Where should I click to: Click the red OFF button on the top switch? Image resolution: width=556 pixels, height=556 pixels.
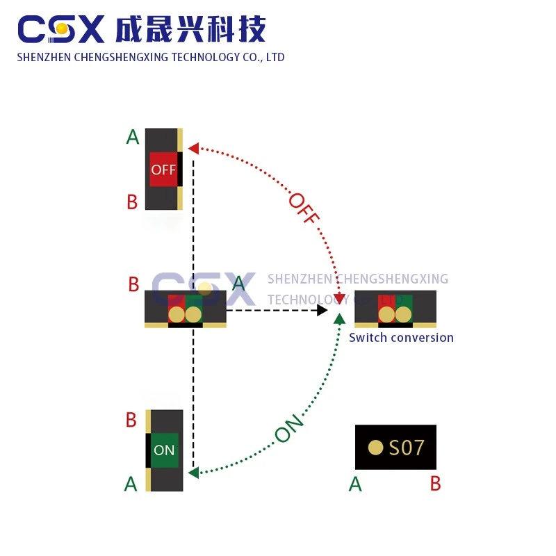(163, 170)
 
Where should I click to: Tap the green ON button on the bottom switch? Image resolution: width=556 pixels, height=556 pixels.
(164, 450)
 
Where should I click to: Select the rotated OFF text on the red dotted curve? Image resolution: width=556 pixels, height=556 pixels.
(304, 208)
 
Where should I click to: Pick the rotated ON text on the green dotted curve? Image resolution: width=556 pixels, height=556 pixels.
(289, 428)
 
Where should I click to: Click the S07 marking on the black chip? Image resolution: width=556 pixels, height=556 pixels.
(407, 448)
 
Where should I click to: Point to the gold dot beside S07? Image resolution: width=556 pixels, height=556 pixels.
(375, 448)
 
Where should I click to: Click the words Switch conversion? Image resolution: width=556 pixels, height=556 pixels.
(401, 338)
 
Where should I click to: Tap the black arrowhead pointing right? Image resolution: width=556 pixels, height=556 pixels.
(322, 310)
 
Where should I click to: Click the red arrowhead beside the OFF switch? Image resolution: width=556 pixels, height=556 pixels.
(194, 149)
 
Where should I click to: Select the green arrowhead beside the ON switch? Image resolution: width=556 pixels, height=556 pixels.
(194, 473)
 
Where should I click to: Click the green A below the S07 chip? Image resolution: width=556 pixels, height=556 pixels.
(355, 484)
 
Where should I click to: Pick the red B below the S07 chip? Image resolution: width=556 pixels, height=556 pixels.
(436, 484)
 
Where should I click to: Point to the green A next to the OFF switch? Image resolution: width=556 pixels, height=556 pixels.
(133, 137)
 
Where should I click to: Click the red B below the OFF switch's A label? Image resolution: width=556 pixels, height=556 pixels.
(132, 202)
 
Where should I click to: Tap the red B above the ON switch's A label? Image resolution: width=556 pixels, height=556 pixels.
(131, 420)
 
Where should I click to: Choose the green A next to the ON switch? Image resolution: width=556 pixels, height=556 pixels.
(131, 484)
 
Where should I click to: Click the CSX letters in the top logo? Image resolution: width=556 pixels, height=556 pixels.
(61, 29)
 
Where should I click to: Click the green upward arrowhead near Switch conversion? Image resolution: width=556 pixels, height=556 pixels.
(340, 319)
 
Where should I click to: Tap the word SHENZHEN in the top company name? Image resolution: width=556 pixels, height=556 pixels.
(44, 57)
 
